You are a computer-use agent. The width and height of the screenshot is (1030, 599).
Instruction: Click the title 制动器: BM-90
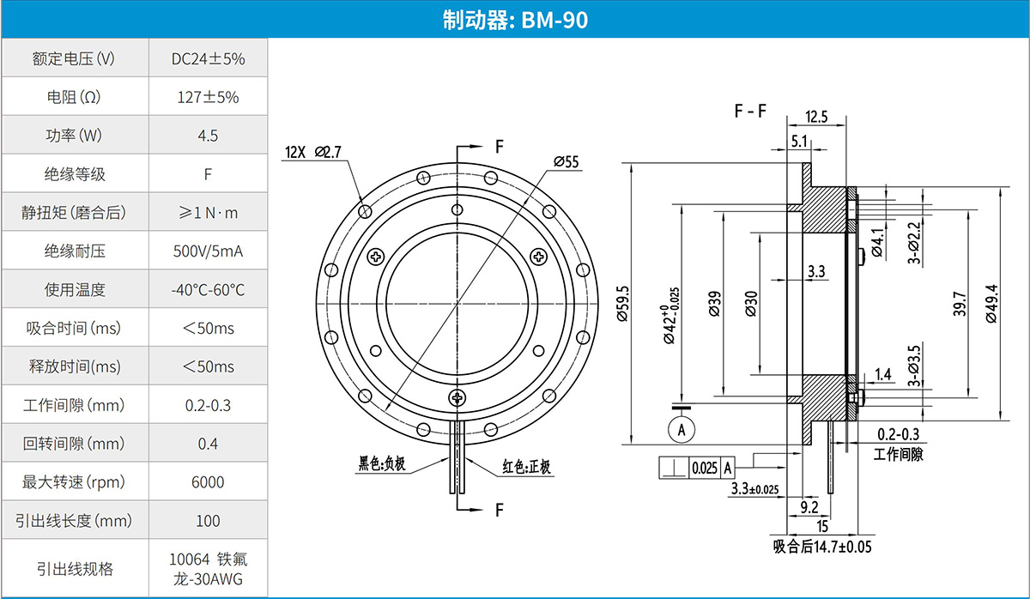tap(515, 19)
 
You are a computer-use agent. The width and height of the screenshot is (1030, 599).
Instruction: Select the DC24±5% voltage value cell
tap(208, 59)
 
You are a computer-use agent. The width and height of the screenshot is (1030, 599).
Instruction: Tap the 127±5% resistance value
tap(208, 97)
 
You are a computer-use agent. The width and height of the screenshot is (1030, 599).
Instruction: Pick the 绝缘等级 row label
tap(75, 174)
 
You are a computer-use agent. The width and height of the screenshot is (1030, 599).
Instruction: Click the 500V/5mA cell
tap(208, 251)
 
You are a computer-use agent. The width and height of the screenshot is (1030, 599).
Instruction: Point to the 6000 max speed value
tap(208, 482)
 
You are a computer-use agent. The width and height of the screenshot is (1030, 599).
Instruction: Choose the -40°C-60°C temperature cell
tap(208, 290)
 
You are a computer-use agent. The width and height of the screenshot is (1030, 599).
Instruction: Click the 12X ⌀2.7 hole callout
tap(313, 153)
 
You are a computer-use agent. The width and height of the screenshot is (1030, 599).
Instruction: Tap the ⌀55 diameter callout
tap(566, 161)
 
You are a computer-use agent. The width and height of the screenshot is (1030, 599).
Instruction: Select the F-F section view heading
tap(750, 112)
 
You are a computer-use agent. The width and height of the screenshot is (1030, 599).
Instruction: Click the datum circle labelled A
tap(682, 427)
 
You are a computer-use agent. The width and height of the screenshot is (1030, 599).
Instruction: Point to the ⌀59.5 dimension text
tap(624, 304)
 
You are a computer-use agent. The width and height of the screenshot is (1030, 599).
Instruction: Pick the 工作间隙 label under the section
tap(898, 454)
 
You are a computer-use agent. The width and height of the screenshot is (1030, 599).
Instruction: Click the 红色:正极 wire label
tap(526, 468)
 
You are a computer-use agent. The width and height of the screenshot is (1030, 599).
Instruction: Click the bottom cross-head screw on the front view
tap(458, 396)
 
